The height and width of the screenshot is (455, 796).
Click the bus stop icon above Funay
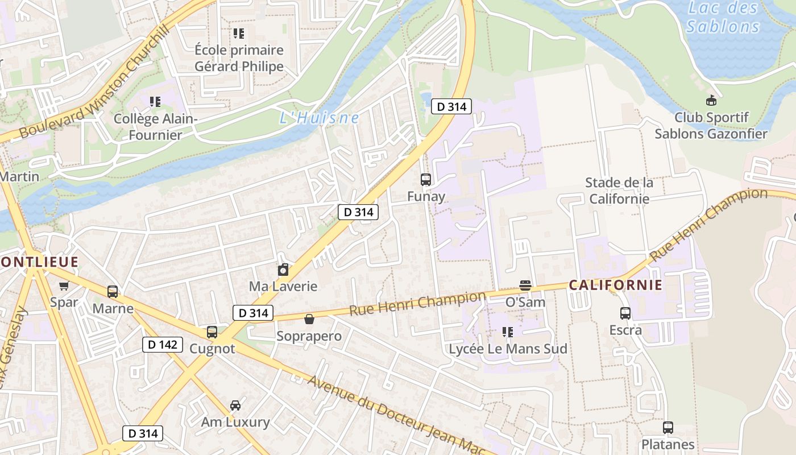click(426, 180)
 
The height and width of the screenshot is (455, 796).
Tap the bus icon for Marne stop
click(113, 292)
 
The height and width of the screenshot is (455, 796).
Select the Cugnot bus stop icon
click(212, 332)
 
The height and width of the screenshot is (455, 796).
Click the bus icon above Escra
click(625, 313)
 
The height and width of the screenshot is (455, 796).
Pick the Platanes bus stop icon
click(668, 428)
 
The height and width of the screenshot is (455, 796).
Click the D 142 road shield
click(162, 345)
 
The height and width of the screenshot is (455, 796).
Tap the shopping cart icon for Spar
click(64, 286)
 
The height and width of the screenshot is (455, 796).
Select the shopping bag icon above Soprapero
click(309, 319)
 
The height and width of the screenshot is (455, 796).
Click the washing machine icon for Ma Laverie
click(283, 270)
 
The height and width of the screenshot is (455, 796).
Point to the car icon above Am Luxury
click(235, 406)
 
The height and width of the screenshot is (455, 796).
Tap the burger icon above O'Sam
click(525, 285)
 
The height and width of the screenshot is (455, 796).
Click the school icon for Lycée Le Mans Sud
click(508, 332)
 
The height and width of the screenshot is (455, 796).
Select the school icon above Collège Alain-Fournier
click(155, 102)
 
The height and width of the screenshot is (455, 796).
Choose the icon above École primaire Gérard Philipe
click(239, 34)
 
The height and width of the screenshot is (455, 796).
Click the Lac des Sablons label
click(723, 17)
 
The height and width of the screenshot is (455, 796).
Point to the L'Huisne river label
click(320, 118)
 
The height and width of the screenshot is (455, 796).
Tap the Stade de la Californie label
click(619, 191)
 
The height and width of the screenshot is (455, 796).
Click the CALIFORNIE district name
click(616, 285)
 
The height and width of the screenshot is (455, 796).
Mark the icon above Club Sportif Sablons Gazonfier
click(711, 101)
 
